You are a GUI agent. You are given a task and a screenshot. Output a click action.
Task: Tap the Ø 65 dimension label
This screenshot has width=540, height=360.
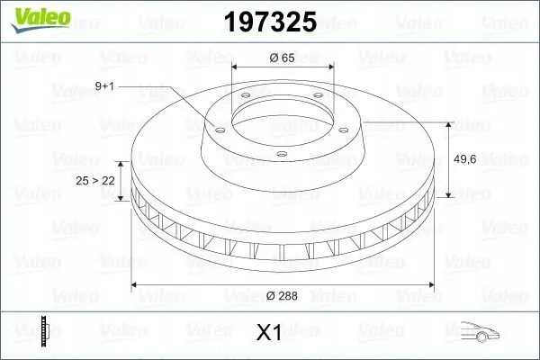(283, 57)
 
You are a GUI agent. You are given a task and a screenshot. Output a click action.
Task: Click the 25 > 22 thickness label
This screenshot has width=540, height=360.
(94, 181)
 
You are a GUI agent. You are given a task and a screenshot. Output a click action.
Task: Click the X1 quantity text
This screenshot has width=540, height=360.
(269, 333)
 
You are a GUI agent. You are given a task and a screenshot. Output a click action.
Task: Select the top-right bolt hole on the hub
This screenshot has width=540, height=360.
(321, 101)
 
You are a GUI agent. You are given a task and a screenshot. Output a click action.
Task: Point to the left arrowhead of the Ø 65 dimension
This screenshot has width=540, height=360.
(237, 67)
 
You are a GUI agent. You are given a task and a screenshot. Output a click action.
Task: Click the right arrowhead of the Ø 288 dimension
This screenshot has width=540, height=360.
(429, 285)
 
